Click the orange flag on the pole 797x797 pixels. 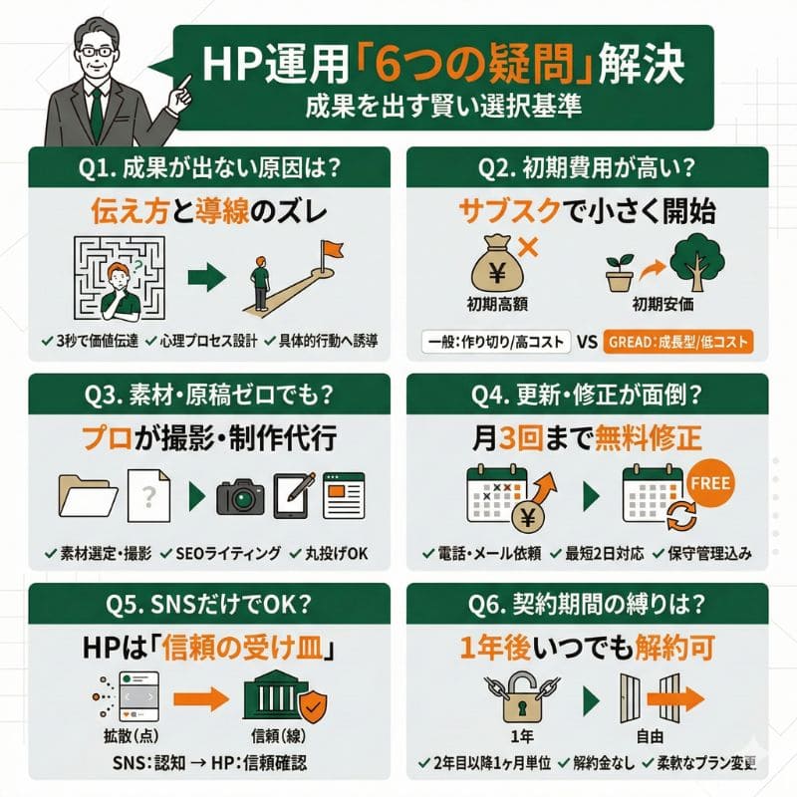click(333, 250)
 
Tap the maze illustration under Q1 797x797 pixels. click(120, 278)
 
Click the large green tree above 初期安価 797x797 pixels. click(696, 263)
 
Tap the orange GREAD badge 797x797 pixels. click(678, 342)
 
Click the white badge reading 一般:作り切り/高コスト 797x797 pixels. click(496, 342)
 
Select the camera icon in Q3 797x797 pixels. click(240, 496)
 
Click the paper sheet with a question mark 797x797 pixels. click(148, 495)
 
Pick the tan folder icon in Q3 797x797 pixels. click(88, 496)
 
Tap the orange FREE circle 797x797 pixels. click(710, 483)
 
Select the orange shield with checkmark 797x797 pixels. click(312, 705)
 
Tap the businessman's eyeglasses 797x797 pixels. click(96, 52)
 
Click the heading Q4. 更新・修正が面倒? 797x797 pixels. click(587, 395)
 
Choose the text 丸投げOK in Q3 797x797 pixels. click(336, 554)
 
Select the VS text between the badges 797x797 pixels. click(587, 342)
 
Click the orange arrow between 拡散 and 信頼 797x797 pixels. click(201, 699)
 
